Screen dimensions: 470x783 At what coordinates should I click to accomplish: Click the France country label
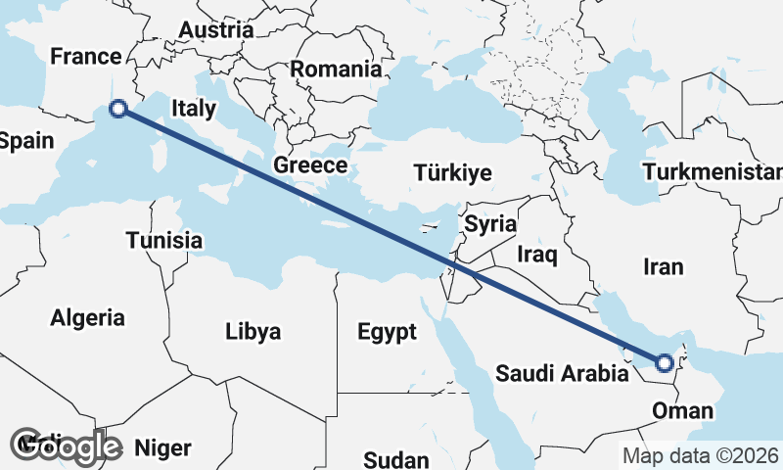click(84, 57)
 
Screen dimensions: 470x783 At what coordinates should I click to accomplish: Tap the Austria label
click(215, 30)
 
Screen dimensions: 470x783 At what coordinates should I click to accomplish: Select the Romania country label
click(336, 70)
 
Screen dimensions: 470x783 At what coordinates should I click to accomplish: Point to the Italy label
click(194, 109)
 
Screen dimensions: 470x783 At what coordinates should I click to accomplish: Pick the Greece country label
click(310, 164)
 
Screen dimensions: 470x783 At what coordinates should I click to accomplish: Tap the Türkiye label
click(452, 173)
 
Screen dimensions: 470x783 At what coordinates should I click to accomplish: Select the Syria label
click(489, 224)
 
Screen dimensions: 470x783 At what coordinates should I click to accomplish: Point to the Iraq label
click(537, 256)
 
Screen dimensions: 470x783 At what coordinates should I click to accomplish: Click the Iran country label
click(664, 266)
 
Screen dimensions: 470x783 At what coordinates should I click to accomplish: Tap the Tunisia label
click(163, 240)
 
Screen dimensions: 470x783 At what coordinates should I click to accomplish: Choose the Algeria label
click(88, 317)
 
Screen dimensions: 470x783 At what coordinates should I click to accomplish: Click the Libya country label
click(253, 332)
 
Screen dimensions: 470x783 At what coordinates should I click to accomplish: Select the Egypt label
click(387, 332)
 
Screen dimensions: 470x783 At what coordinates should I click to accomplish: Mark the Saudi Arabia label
click(561, 373)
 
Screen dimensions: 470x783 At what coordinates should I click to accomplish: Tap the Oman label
click(676, 409)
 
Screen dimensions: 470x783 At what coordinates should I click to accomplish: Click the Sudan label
click(396, 460)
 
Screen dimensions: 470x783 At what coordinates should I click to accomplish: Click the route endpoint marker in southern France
click(118, 110)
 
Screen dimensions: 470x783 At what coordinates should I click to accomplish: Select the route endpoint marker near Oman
click(665, 363)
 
